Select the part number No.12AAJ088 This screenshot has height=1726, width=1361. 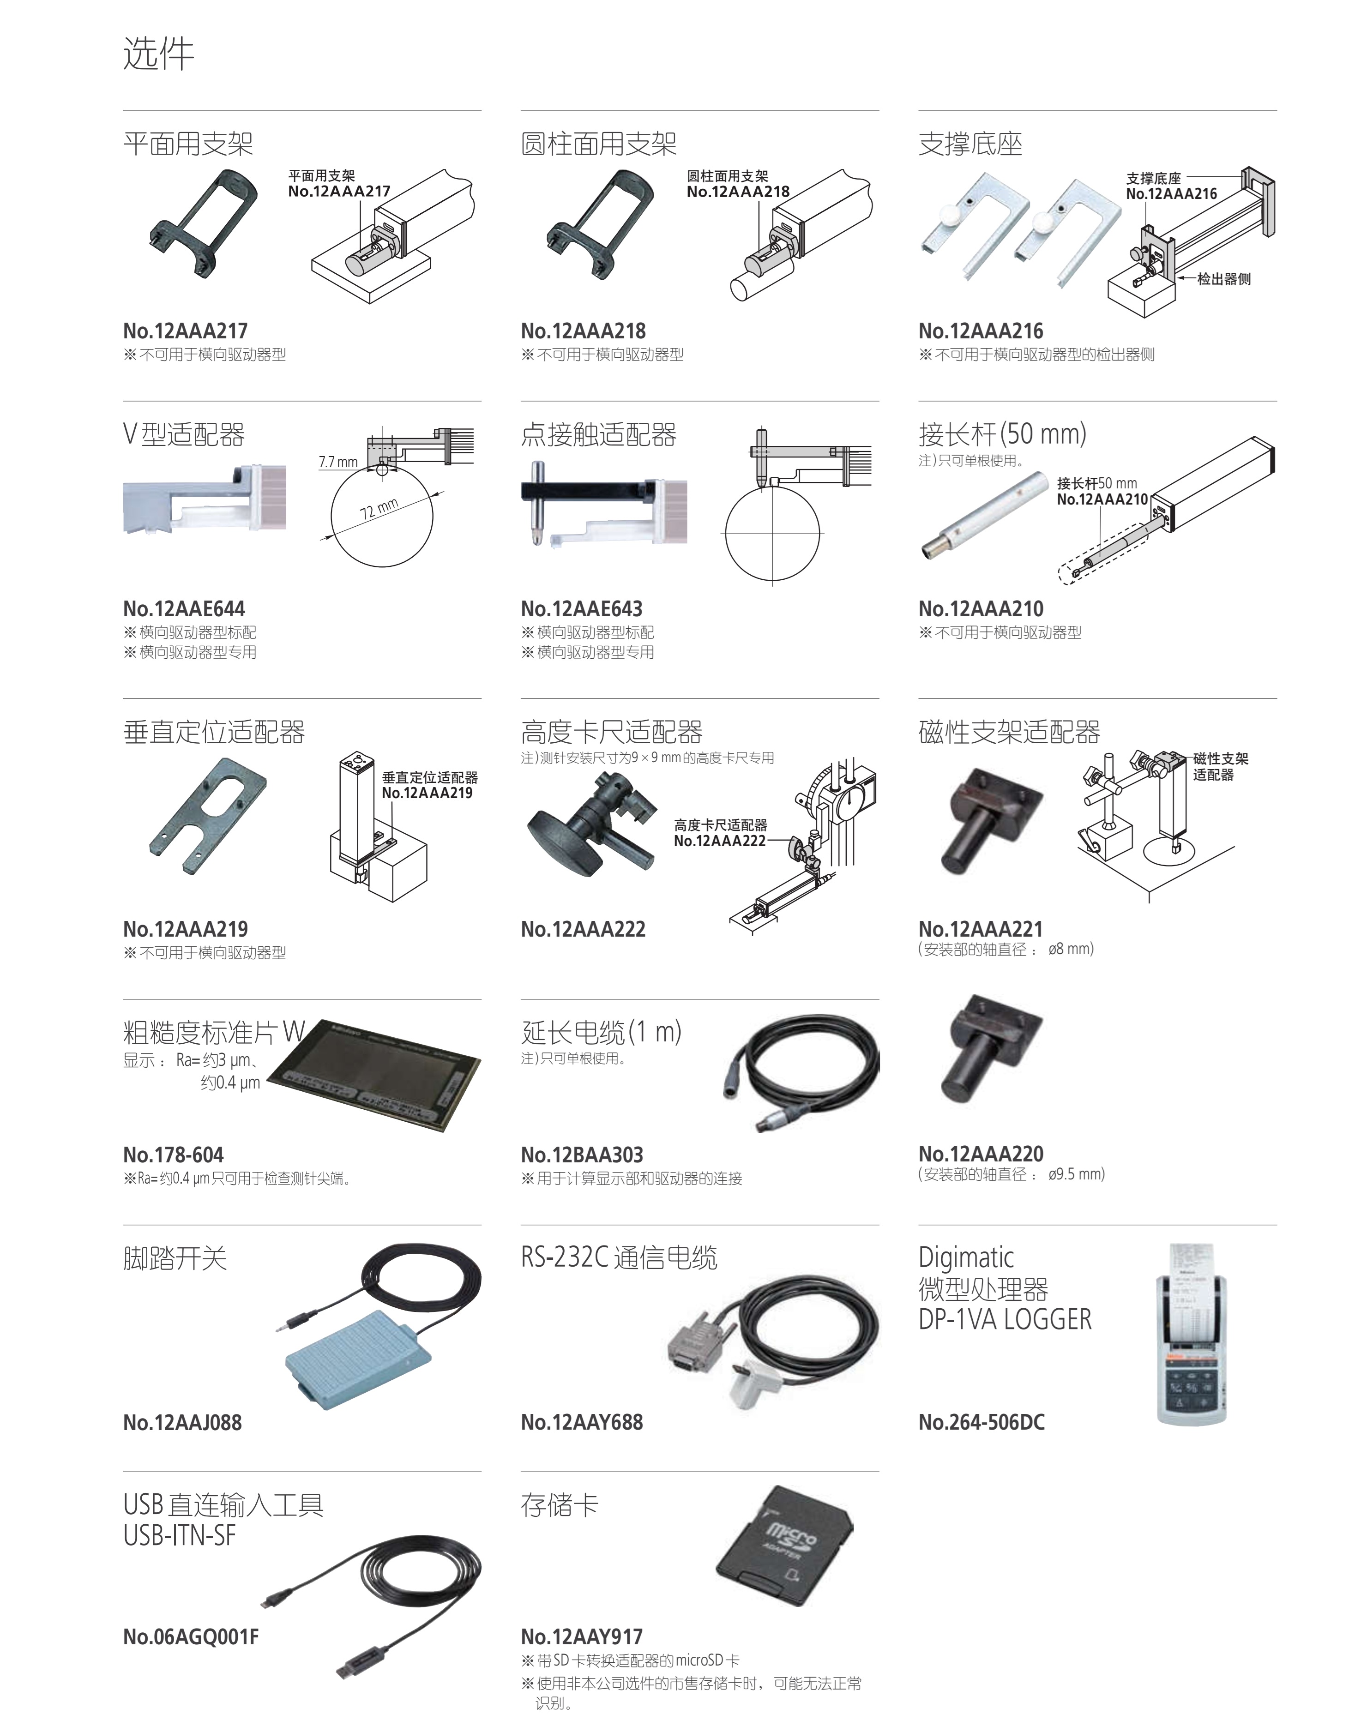click(x=182, y=1422)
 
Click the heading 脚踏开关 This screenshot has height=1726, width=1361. click(x=175, y=1258)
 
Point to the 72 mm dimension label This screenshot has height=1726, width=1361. click(x=379, y=508)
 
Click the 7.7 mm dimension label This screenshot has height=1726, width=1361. click(x=339, y=462)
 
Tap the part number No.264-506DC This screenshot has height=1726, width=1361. click(x=982, y=1422)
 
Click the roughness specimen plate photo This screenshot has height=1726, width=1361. click(x=374, y=1075)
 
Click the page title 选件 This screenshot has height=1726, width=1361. click(x=158, y=54)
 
